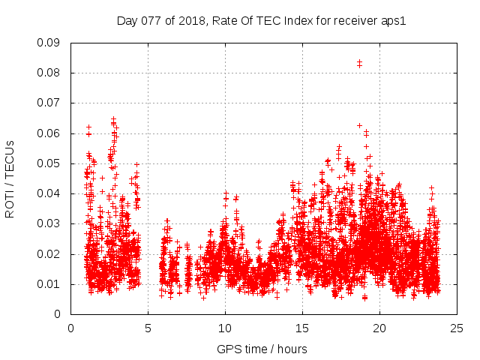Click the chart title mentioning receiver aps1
[261, 20]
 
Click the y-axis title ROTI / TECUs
[10, 178]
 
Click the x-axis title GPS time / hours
[262, 349]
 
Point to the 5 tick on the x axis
[148, 328]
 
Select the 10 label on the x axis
[225, 328]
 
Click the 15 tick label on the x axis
[302, 328]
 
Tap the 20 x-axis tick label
[379, 328]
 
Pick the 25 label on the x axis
[457, 328]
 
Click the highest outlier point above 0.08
[359, 62]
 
